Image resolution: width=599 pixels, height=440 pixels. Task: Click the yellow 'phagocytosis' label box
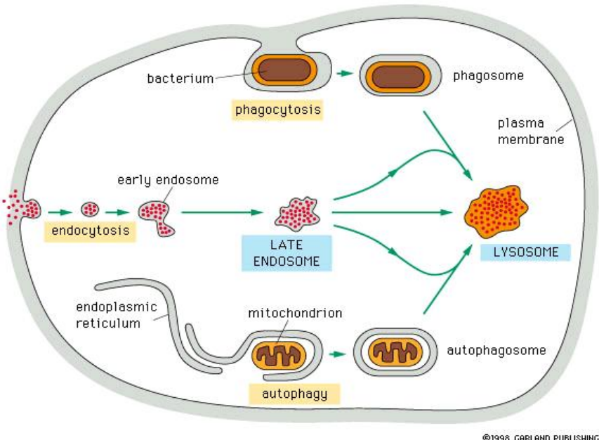[x=278, y=110]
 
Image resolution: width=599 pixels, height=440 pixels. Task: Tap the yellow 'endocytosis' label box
[x=89, y=231]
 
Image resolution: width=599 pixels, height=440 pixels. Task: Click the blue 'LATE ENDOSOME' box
[x=286, y=253]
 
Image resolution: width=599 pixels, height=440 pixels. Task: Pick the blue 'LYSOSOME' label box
[x=525, y=252]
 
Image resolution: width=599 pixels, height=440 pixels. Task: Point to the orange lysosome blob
[x=496, y=212]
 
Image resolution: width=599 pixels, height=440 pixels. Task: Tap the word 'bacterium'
[x=180, y=79]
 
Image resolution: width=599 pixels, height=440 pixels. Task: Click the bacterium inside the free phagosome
[x=401, y=75]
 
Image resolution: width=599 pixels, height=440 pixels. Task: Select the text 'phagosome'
[x=489, y=75]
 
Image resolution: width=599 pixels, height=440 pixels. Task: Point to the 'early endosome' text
[x=168, y=180]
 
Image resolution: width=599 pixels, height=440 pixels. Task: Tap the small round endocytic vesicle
[x=91, y=209]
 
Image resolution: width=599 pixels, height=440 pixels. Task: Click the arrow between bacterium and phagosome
[x=343, y=73]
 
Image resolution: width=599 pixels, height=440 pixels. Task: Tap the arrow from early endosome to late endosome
[x=221, y=210]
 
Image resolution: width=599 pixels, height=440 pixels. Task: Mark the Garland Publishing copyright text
[x=540, y=436]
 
